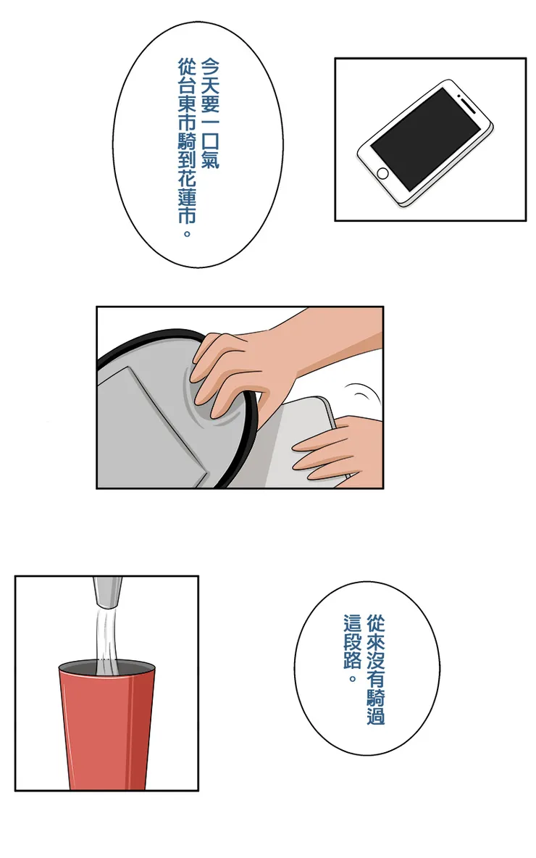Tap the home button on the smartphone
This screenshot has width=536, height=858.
(x=382, y=174)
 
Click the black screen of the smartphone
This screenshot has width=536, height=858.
(x=425, y=139)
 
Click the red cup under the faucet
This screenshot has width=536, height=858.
(x=107, y=726)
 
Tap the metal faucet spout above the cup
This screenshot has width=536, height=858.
(x=107, y=592)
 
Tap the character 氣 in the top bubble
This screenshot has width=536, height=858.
(x=210, y=159)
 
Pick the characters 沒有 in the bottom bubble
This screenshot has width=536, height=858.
(x=376, y=669)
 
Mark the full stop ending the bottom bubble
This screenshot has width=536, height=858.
(x=353, y=678)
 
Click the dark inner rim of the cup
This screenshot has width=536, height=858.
(x=107, y=667)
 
